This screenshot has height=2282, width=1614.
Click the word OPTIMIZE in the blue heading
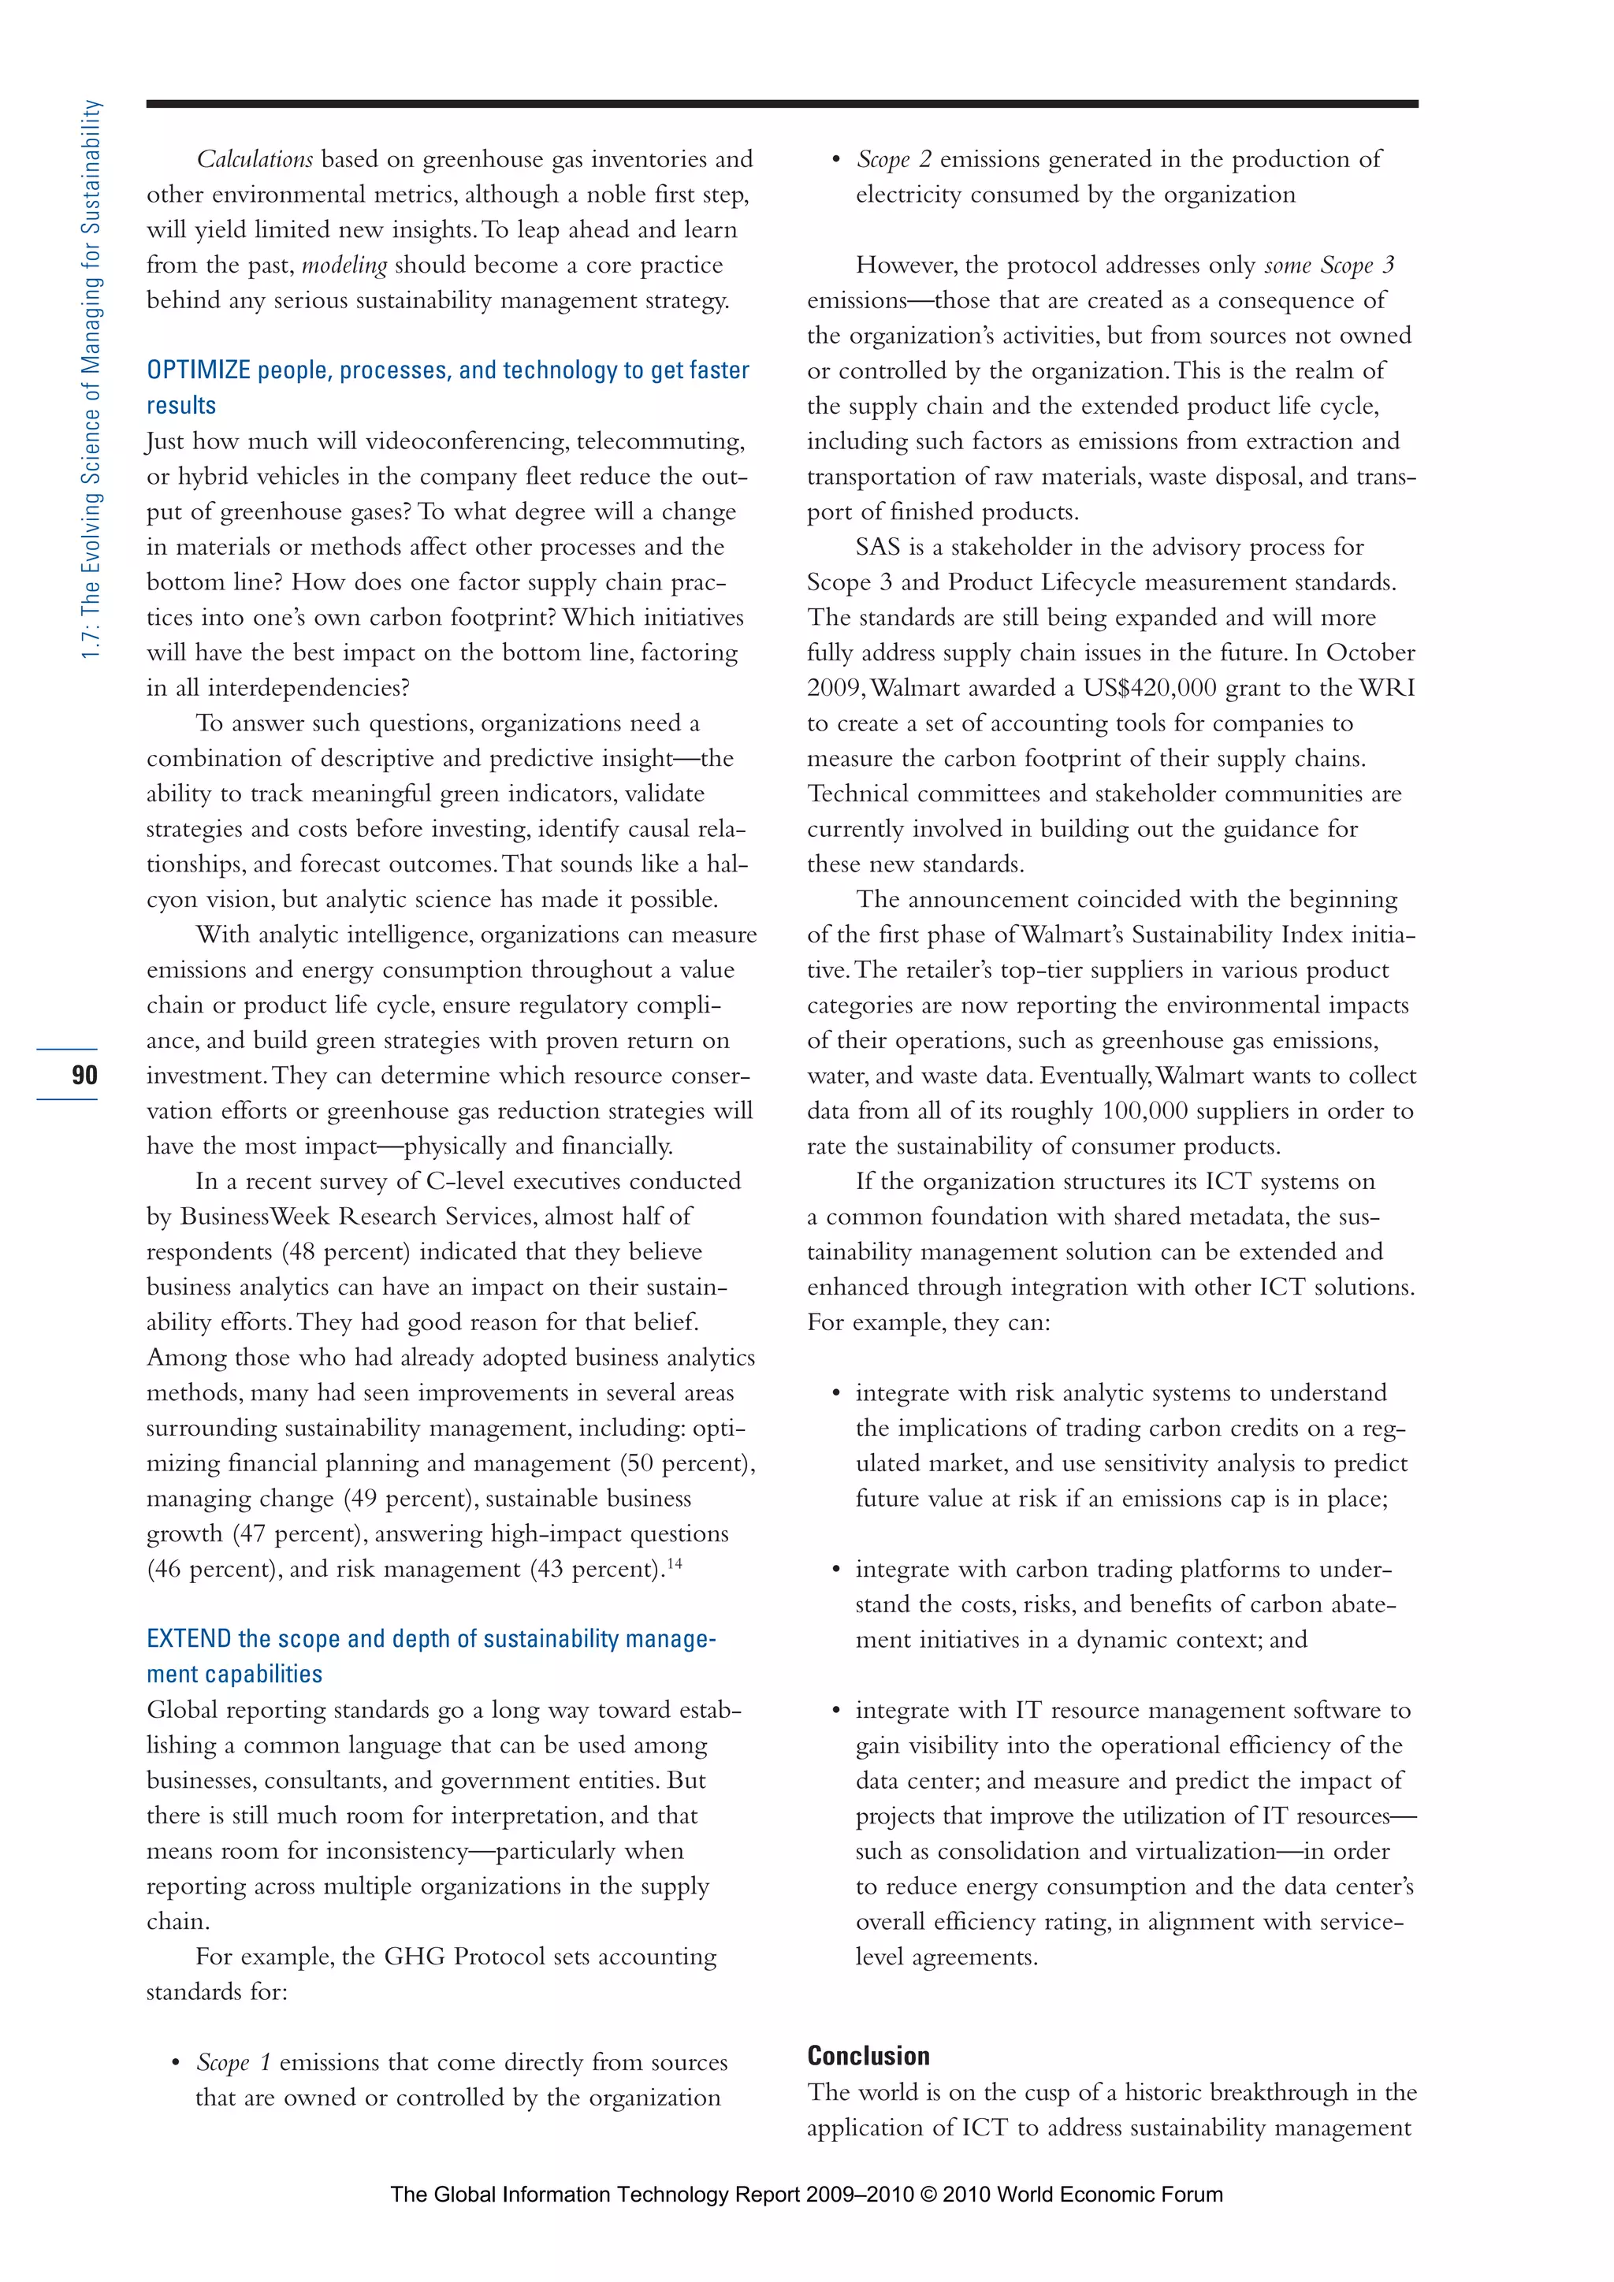click(198, 370)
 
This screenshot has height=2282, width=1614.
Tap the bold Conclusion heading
click(868, 2057)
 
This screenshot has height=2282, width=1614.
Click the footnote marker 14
click(675, 1563)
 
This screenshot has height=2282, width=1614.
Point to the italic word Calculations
click(255, 159)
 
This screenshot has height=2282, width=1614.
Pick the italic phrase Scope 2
click(894, 159)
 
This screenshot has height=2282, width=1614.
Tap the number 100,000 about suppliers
click(1145, 1110)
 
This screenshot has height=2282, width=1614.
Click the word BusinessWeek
click(255, 1217)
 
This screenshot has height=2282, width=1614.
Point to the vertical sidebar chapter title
click(91, 377)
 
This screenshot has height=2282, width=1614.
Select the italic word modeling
click(344, 266)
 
